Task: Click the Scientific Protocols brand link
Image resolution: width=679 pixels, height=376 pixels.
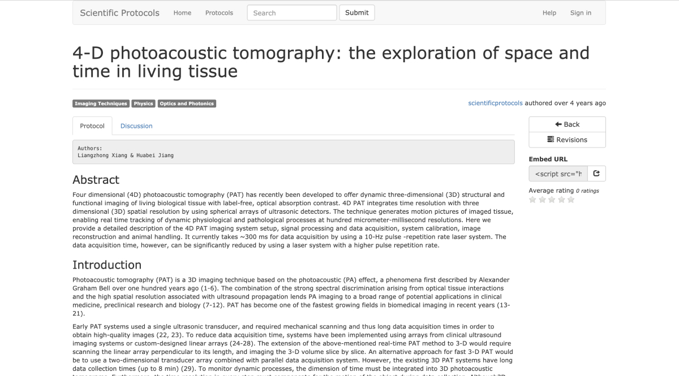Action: (119, 12)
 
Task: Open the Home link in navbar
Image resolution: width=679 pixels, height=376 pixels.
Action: (182, 13)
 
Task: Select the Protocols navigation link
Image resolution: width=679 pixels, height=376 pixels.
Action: (219, 13)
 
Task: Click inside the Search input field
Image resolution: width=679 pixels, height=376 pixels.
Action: (291, 13)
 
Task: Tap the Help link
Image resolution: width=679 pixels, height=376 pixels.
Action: (549, 13)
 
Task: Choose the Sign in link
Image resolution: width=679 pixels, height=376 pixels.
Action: (581, 13)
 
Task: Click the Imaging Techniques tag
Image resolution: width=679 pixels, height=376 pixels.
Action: (101, 103)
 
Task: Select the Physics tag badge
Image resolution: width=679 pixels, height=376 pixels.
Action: (143, 103)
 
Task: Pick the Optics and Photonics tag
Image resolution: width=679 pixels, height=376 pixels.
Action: (187, 103)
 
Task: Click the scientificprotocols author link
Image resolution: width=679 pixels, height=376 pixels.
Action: (495, 103)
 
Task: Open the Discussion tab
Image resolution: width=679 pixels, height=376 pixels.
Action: (136, 126)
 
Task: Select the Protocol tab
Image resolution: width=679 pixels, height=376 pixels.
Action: (92, 126)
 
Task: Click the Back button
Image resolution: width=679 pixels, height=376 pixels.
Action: (567, 124)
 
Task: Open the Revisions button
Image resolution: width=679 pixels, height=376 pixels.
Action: (567, 140)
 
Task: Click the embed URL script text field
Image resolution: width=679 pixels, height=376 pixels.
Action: (558, 174)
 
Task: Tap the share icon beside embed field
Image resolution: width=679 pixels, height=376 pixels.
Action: (596, 174)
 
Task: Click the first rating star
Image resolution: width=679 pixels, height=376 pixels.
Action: (532, 200)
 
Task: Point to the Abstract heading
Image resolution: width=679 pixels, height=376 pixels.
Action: (96, 180)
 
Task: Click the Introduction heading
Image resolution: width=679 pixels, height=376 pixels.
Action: (107, 265)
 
